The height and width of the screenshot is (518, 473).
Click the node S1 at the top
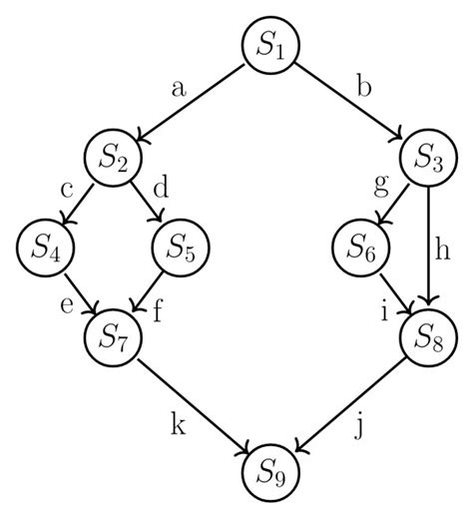coord(271,46)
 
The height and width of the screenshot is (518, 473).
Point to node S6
coord(363,249)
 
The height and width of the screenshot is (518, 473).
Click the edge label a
coord(180,88)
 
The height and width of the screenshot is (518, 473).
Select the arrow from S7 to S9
coord(195,405)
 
